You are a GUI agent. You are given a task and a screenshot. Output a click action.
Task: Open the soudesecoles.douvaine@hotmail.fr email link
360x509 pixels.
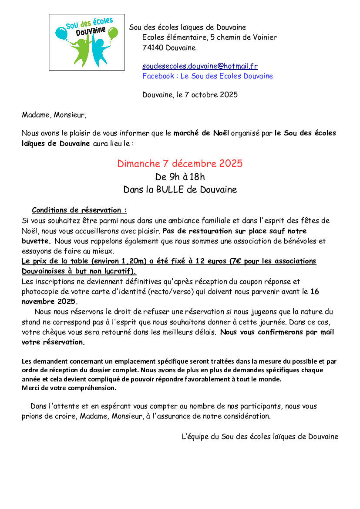click(200, 66)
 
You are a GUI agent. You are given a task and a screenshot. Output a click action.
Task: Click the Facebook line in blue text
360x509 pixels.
click(208, 76)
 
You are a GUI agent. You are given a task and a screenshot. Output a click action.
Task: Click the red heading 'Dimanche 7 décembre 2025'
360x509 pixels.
click(180, 164)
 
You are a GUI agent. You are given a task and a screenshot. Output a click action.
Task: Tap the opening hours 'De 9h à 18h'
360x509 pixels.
click(180, 177)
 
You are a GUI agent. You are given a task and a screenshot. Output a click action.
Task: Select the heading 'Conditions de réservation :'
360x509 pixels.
click(79, 210)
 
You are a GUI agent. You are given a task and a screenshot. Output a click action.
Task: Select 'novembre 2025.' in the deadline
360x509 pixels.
click(50, 301)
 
